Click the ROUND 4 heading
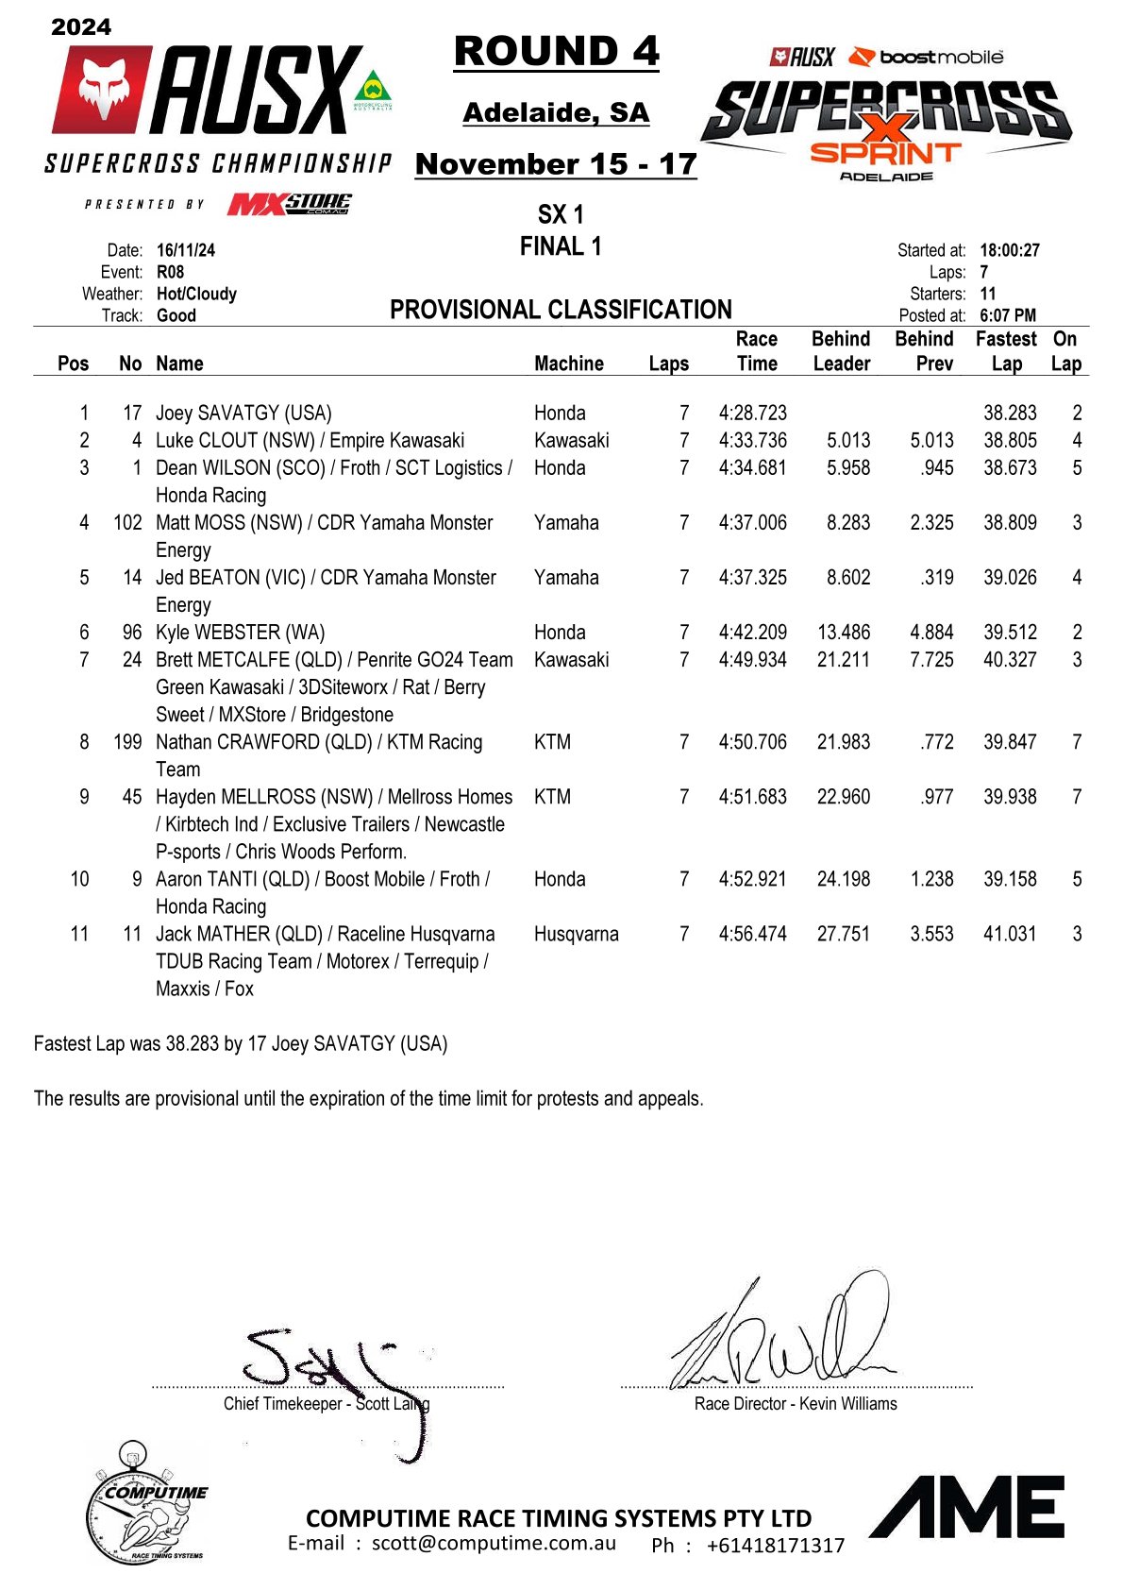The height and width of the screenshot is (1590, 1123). (556, 52)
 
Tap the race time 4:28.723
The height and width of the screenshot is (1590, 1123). (752, 413)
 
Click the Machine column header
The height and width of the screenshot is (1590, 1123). (568, 364)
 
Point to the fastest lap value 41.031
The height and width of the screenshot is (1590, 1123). (1009, 934)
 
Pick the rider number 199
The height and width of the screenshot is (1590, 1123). (127, 742)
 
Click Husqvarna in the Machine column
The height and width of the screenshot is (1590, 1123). (576, 934)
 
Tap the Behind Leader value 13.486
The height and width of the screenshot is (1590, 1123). (843, 632)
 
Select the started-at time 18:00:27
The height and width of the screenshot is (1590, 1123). (1009, 250)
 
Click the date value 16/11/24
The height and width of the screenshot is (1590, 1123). (185, 250)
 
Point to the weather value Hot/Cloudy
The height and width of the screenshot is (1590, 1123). (196, 294)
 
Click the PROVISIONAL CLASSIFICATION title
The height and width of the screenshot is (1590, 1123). (561, 310)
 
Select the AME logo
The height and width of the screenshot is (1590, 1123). (967, 1507)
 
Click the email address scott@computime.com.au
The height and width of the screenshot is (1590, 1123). (494, 1544)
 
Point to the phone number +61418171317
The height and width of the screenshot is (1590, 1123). (775, 1546)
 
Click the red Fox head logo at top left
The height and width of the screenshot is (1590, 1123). (100, 89)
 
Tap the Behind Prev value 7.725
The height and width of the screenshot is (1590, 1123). (930, 659)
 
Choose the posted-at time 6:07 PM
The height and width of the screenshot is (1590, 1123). (1007, 315)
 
